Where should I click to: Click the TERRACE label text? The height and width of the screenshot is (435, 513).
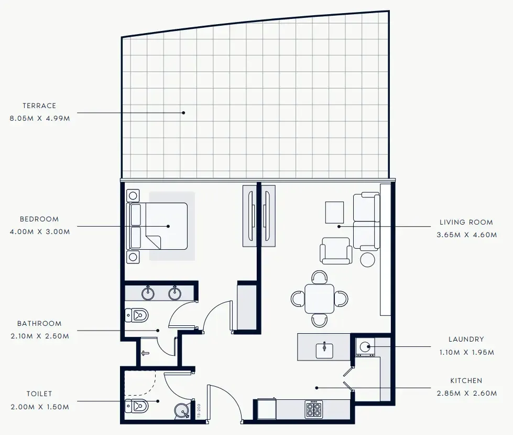pos(39,105)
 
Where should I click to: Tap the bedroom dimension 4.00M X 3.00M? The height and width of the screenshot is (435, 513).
pos(39,231)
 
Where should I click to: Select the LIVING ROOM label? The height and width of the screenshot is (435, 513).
pos(466,222)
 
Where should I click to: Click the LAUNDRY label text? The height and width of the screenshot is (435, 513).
pos(466,339)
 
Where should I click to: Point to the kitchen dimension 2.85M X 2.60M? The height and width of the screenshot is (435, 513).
pos(466,394)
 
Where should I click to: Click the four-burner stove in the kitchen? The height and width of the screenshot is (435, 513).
pos(313,408)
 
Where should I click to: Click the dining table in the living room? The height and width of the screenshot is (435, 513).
pos(319,299)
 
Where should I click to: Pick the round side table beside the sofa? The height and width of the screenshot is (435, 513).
pos(368,260)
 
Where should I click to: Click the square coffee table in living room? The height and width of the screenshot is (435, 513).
pos(334,213)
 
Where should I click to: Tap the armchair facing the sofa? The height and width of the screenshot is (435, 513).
pos(336,251)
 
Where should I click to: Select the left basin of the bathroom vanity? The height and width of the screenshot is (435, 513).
pos(149,293)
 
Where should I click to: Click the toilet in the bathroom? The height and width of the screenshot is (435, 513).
pos(137,315)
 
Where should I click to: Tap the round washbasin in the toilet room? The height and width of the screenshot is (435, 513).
pos(182,411)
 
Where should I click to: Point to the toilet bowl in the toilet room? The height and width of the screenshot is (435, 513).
pos(137,406)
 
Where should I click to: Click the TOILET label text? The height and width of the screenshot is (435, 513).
pos(39,394)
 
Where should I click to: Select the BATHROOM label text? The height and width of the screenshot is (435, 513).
pos(39,324)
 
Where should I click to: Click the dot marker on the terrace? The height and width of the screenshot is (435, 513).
pos(183,112)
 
